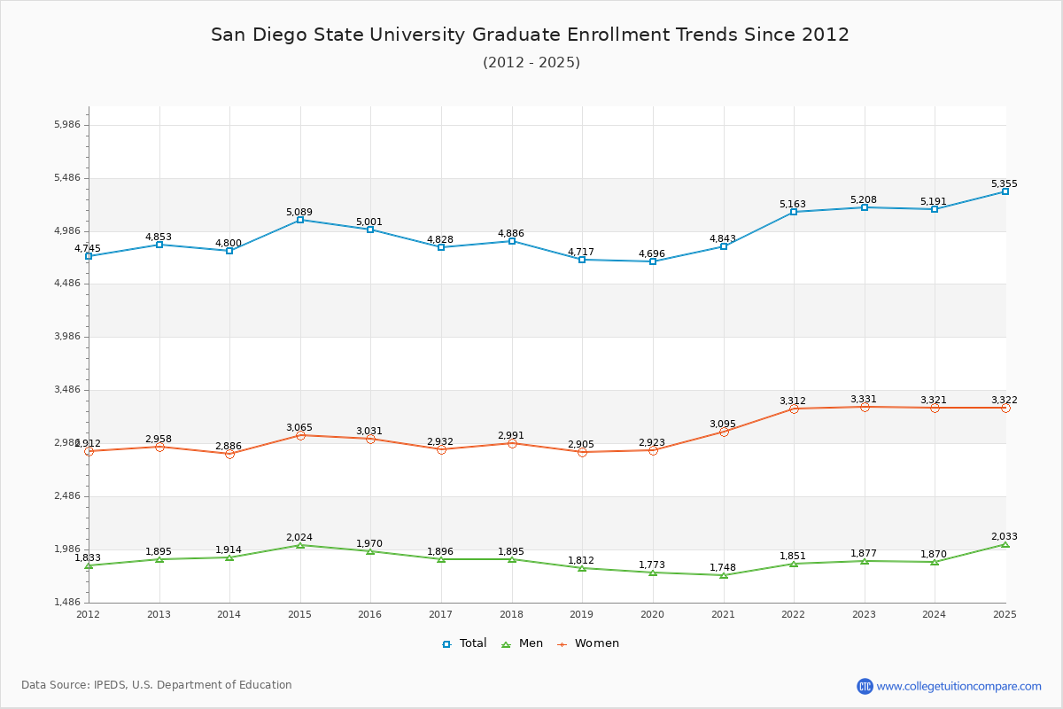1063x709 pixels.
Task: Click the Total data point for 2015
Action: [x=300, y=220]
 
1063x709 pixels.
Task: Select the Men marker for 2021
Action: [x=724, y=575]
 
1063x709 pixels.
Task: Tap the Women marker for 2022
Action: [x=794, y=409]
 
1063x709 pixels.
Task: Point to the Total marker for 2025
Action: [x=1005, y=191]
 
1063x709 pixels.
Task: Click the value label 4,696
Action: [x=652, y=254]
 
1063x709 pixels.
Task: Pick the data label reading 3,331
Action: [x=864, y=400]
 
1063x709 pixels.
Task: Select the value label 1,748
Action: [x=723, y=568]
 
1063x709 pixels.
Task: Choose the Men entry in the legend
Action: [x=523, y=643]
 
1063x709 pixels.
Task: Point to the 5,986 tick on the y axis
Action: [x=67, y=125]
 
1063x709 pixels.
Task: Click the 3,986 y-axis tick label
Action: [x=67, y=337]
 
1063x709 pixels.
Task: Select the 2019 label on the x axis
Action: [x=582, y=614]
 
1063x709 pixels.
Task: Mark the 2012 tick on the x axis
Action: [x=89, y=614]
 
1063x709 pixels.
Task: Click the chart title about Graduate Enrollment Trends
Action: [x=530, y=35]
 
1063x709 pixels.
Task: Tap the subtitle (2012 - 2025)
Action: [x=531, y=63]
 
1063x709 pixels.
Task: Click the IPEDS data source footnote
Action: [x=157, y=685]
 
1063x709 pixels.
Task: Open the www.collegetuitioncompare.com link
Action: [x=958, y=686]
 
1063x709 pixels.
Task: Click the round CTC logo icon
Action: [x=865, y=686]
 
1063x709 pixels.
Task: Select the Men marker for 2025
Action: [x=1005, y=544]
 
